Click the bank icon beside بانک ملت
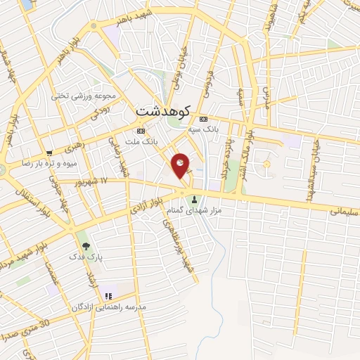click(x=141, y=131)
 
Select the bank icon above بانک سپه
click(x=204, y=118)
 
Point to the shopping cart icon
click(x=49, y=153)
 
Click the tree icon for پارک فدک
click(x=86, y=246)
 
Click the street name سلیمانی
click(x=345, y=209)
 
